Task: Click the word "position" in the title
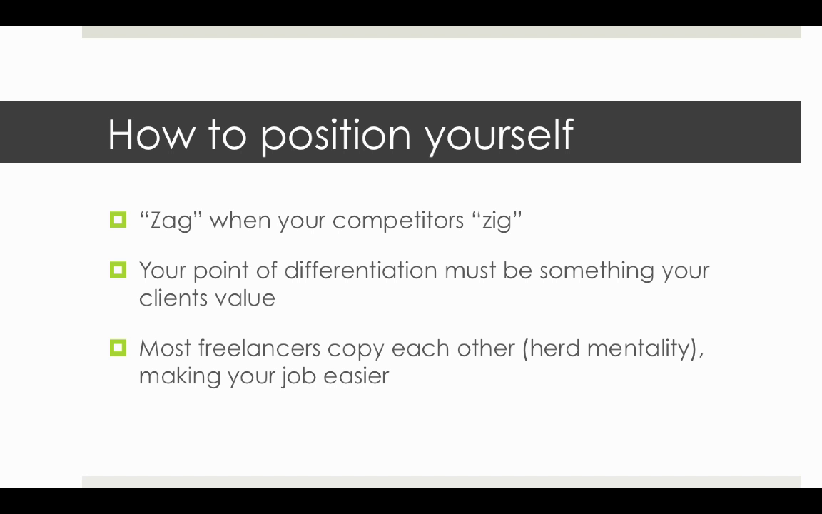[335, 136]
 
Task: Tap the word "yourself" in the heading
[499, 136]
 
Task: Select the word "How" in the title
[151, 134]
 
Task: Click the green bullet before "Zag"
[118, 220]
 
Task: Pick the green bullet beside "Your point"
[118, 270]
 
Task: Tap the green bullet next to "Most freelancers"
[118, 348]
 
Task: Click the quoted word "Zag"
[171, 221]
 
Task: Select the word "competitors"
[398, 221]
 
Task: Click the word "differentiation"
[360, 271]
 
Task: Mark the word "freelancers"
[259, 348]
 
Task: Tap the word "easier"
[356, 376]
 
